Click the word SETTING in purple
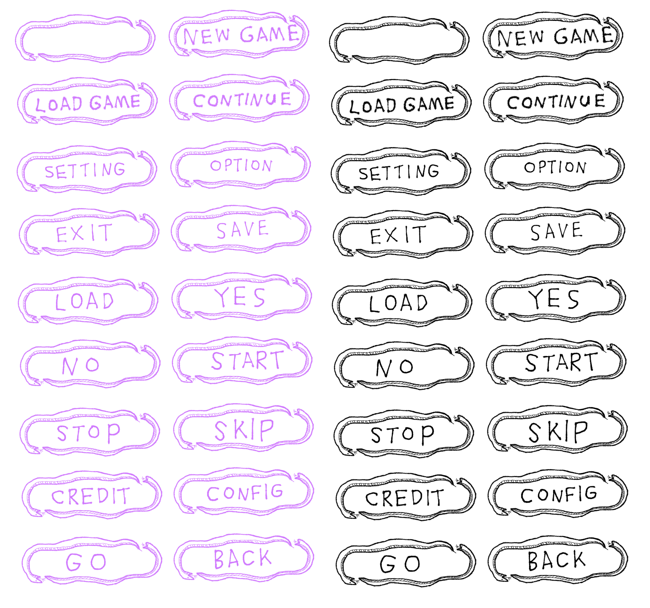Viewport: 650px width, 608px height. coord(85,170)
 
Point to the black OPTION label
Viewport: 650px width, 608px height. coord(555,167)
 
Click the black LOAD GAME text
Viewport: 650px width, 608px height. coord(402,105)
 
